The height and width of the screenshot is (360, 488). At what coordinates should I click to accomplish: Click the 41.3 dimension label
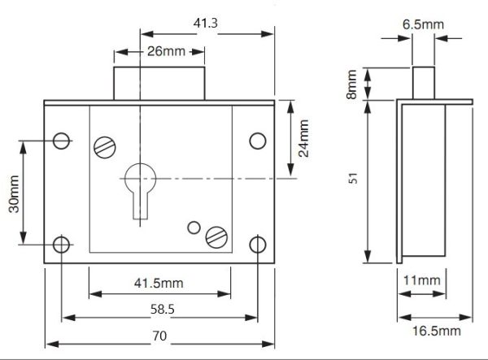coord(205,23)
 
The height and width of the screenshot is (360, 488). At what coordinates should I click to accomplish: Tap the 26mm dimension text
coord(166,51)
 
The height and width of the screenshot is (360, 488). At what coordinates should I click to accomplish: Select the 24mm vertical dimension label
coord(303,138)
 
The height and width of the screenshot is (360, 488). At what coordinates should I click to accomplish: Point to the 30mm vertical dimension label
coord(14,194)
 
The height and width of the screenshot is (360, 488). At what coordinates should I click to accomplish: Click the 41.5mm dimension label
coord(159,284)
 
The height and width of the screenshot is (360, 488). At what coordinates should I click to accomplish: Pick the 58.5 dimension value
coord(163,310)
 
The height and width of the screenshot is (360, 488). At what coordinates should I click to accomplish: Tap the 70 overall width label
coord(159,336)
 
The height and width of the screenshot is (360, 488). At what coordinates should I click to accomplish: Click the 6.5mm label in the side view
coord(423,24)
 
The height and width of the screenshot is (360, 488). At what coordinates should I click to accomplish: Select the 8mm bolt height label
coord(351,85)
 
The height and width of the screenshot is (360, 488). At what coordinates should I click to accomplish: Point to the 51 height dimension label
coord(353,179)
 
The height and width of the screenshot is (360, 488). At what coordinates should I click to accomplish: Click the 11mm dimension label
coord(421,280)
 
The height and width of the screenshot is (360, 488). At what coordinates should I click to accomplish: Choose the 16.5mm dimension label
coord(437,331)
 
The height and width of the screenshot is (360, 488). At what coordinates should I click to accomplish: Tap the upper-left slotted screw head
coord(105,147)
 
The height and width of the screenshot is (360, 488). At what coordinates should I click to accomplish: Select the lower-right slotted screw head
coord(216,237)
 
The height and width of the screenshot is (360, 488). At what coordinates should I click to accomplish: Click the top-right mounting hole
coord(258,141)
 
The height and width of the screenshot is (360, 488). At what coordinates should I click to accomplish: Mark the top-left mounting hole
coord(61,141)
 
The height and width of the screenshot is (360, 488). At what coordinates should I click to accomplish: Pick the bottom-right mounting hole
coord(258,245)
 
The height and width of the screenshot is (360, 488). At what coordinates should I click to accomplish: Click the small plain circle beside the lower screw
coord(194,228)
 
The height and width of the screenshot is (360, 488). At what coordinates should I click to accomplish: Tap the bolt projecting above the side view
coord(424,84)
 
